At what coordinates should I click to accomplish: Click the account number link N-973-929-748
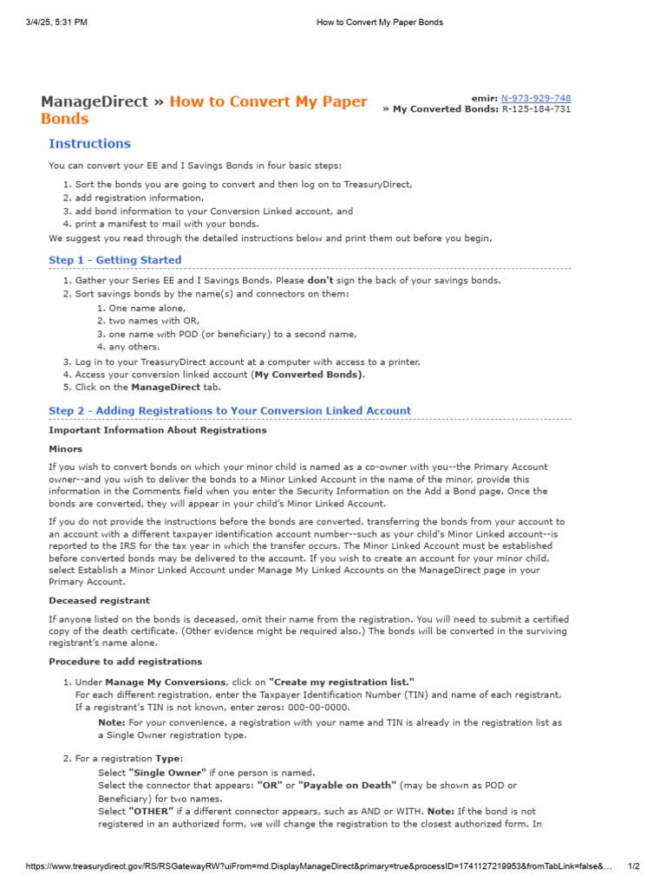[536, 99]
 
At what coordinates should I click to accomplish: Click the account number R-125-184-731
[536, 110]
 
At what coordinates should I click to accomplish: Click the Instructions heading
[89, 144]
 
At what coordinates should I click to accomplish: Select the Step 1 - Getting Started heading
[115, 260]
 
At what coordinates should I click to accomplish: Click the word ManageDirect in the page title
[95, 102]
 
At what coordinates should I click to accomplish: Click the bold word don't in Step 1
[321, 281]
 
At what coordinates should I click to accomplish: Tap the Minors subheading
[66, 449]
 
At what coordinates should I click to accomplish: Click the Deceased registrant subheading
[99, 600]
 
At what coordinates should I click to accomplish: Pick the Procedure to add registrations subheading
[126, 661]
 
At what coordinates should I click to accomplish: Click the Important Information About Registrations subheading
[158, 430]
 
